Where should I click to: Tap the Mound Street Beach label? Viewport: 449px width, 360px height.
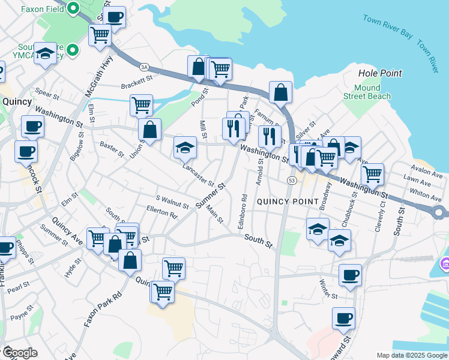click(367, 92)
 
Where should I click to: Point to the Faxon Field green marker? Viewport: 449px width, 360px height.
click(73, 9)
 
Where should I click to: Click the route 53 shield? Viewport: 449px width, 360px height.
click(292, 180)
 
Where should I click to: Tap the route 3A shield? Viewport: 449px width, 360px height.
click(144, 67)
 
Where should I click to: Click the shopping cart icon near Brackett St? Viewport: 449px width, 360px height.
click(140, 105)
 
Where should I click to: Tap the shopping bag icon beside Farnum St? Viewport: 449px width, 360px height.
click(280, 92)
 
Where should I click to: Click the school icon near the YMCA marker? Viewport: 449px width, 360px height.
click(46, 53)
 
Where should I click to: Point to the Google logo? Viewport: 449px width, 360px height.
click(19, 352)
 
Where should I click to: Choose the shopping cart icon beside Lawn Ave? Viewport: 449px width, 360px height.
click(372, 174)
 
